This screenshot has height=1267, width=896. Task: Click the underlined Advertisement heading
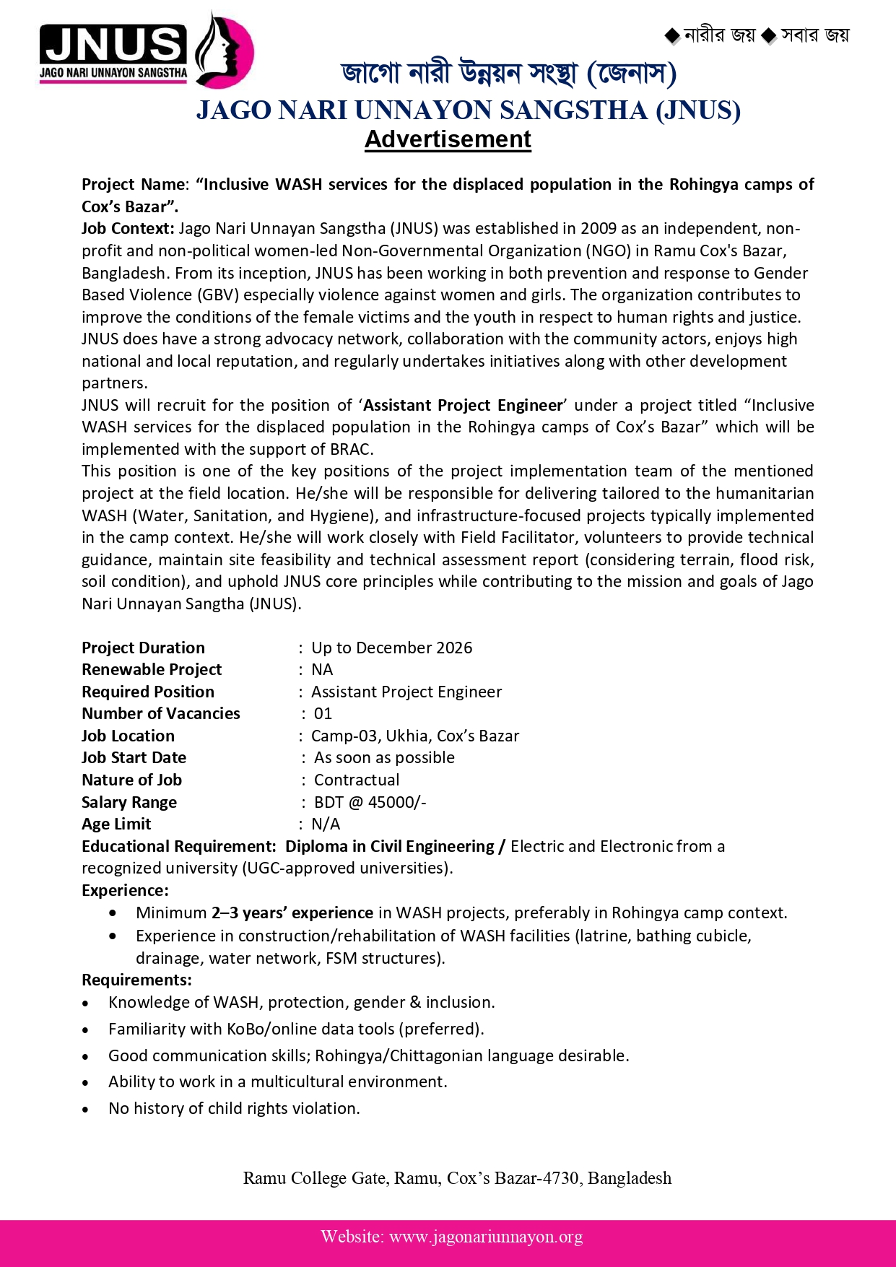click(448, 139)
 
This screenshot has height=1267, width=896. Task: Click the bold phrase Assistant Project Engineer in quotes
click(463, 405)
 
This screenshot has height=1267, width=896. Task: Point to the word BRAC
click(351, 449)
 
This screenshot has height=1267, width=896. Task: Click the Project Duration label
click(143, 648)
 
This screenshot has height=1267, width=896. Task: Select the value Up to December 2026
click(391, 648)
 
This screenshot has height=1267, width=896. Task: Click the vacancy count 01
click(323, 713)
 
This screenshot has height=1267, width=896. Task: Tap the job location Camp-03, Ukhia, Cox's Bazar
click(415, 736)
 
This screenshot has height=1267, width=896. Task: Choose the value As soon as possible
click(384, 757)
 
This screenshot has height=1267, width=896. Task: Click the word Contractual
click(357, 780)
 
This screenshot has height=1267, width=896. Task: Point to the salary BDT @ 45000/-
click(370, 802)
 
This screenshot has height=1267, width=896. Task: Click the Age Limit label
click(116, 824)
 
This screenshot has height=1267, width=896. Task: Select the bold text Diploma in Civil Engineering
click(390, 846)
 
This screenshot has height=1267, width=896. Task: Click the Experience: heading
click(125, 890)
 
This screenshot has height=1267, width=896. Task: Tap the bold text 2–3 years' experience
click(292, 913)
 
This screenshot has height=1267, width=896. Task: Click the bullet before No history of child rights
click(86, 1109)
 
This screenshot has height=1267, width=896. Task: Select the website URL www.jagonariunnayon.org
click(486, 1237)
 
